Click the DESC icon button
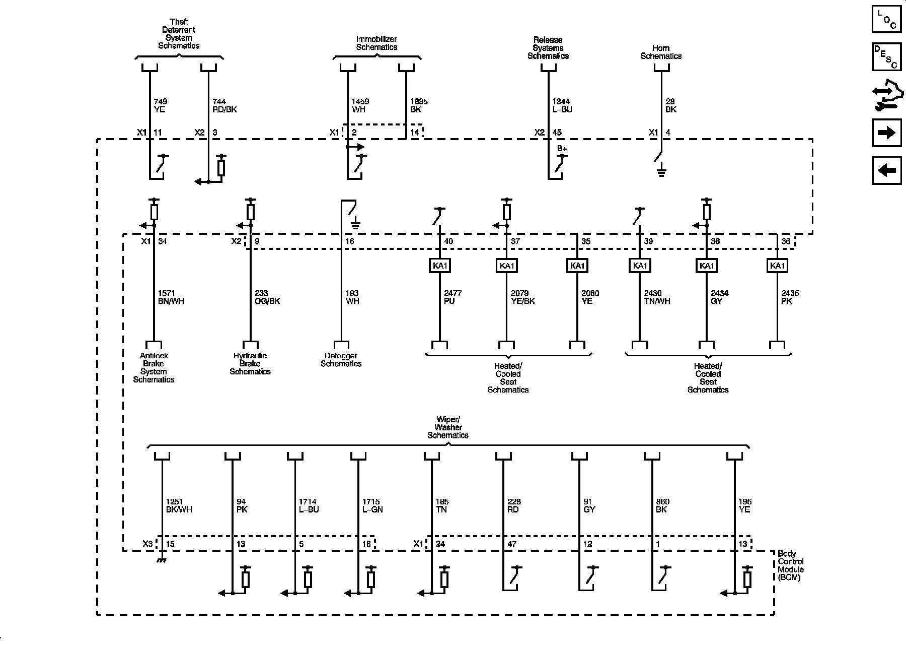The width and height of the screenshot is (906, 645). click(x=886, y=57)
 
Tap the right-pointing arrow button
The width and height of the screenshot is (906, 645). click(x=886, y=133)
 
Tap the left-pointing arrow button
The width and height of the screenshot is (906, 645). click(x=886, y=170)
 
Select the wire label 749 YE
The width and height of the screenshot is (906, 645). click(x=160, y=105)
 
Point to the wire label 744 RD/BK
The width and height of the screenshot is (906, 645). click(x=224, y=105)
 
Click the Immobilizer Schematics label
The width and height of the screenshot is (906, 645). click(x=376, y=43)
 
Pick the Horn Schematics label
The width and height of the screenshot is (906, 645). click(x=661, y=52)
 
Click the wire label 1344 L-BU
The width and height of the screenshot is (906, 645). click(x=562, y=105)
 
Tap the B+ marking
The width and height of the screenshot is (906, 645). click(x=562, y=149)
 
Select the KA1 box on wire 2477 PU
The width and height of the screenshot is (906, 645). click(x=440, y=266)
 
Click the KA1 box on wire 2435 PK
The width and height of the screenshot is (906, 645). click(x=777, y=266)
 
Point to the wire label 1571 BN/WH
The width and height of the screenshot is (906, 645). click(x=171, y=297)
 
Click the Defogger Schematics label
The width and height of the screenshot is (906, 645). click(x=341, y=360)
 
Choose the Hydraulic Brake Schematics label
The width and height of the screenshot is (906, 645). click(x=250, y=363)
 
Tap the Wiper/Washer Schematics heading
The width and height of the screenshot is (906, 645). click(x=448, y=427)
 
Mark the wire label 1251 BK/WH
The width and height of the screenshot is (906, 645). click(x=179, y=505)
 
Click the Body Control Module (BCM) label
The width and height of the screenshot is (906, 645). click(x=791, y=565)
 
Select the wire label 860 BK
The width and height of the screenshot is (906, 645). click(x=662, y=505)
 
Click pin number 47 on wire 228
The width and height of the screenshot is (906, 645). click(x=512, y=544)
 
